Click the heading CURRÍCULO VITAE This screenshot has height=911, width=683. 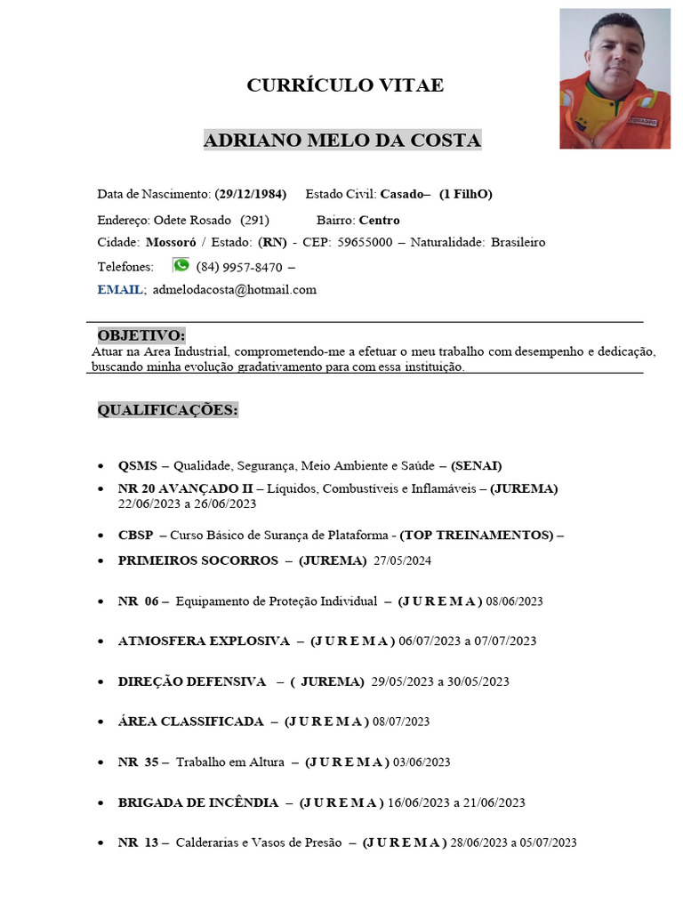[x=344, y=85]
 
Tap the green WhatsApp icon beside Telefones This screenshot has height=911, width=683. [x=181, y=265]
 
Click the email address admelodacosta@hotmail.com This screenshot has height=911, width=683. [x=235, y=289]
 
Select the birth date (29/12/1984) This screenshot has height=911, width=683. [x=251, y=194]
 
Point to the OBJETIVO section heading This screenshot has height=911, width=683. [x=141, y=335]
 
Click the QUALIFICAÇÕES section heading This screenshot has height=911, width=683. [x=168, y=409]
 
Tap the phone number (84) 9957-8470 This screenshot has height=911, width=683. [x=239, y=266]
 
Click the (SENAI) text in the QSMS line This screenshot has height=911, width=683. [x=477, y=465]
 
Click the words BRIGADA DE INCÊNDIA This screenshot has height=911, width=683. [x=198, y=802]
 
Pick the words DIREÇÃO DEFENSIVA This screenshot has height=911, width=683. [x=192, y=681]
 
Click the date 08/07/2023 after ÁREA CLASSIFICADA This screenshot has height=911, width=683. [x=401, y=722]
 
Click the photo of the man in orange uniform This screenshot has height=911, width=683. [x=615, y=78]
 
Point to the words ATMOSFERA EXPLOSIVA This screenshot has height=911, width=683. [x=204, y=641]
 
